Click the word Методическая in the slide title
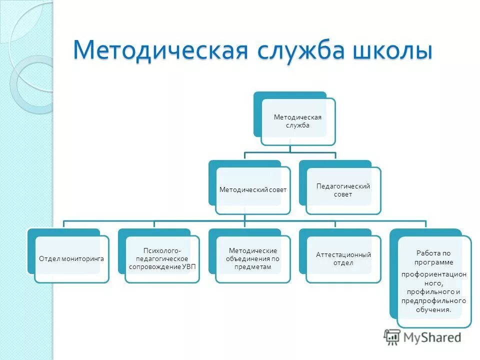click(x=160, y=51)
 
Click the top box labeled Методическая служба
click(x=298, y=121)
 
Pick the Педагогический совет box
click(x=343, y=190)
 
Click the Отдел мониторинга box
click(x=71, y=258)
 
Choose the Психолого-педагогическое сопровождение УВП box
click(x=162, y=258)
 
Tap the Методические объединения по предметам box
click(x=253, y=258)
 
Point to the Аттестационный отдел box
click(x=343, y=258)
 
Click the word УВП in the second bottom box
click(x=188, y=266)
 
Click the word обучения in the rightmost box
click(x=433, y=310)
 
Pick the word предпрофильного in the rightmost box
click(x=433, y=301)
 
